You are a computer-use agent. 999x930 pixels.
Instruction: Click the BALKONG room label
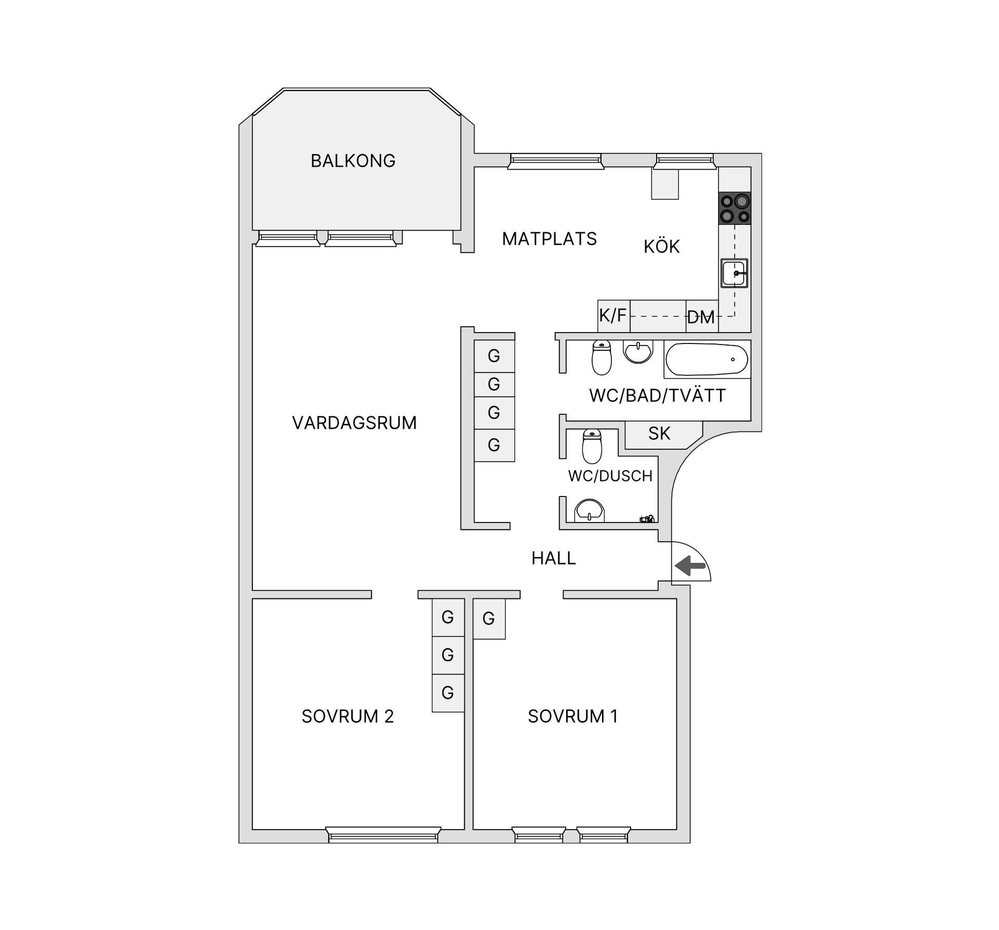353,161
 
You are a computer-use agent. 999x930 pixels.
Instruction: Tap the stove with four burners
735,208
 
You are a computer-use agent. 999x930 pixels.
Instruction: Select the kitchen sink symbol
734,273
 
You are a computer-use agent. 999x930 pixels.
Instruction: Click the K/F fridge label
613,315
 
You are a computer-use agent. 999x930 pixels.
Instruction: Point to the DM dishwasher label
701,317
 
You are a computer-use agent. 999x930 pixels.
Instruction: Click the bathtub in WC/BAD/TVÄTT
707,359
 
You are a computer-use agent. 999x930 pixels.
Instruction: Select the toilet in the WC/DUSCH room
592,446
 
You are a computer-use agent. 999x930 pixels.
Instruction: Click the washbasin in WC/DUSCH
589,511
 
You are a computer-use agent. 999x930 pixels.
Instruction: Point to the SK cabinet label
659,434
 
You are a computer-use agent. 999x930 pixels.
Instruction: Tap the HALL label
554,558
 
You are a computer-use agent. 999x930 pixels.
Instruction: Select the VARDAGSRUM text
354,423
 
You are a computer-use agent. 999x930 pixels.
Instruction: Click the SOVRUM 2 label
348,717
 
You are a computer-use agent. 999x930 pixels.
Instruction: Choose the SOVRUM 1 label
573,717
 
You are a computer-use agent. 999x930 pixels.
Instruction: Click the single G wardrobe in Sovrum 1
489,619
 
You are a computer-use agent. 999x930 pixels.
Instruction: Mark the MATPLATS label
549,239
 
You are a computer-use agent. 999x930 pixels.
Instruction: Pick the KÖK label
661,247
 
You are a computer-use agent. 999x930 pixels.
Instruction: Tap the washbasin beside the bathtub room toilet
638,352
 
